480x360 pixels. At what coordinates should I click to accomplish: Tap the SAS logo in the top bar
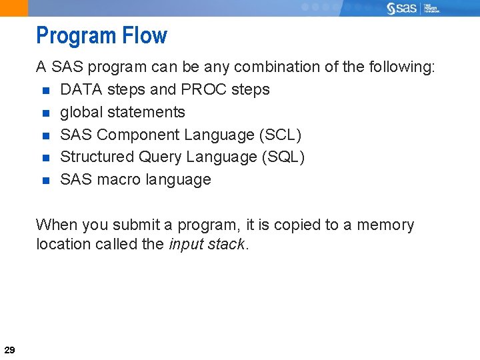click(403, 8)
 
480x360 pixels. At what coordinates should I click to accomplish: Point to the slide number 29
click(10, 349)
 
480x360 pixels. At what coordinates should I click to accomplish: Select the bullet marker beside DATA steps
click(45, 90)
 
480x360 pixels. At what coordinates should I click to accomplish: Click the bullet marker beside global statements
click(45, 113)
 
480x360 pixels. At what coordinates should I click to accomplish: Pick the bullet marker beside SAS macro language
click(45, 180)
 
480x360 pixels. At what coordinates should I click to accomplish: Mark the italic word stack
click(226, 244)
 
